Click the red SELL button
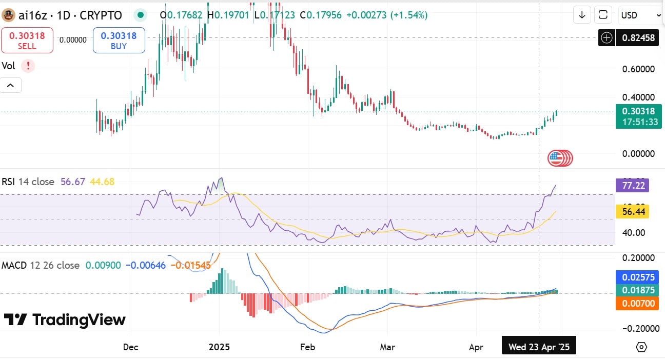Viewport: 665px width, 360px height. click(x=27, y=41)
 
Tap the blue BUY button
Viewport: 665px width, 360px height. click(x=119, y=41)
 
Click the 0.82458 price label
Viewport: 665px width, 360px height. click(x=638, y=37)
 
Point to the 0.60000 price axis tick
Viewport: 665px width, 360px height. click(x=638, y=69)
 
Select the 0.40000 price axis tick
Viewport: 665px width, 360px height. click(x=638, y=97)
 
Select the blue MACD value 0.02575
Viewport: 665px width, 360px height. click(x=638, y=277)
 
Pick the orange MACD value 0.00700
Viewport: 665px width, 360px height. click(x=638, y=304)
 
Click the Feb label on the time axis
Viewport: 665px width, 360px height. click(x=307, y=347)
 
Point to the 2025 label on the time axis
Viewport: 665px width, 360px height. click(x=219, y=347)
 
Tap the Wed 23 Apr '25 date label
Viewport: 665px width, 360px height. click(x=539, y=347)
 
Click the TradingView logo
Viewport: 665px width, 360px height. click(x=65, y=320)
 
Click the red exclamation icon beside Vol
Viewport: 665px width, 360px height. click(x=28, y=66)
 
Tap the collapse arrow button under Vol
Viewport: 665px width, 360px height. click(x=11, y=85)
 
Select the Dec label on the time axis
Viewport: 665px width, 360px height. click(x=130, y=347)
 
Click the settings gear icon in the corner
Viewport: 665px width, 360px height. click(x=641, y=347)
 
